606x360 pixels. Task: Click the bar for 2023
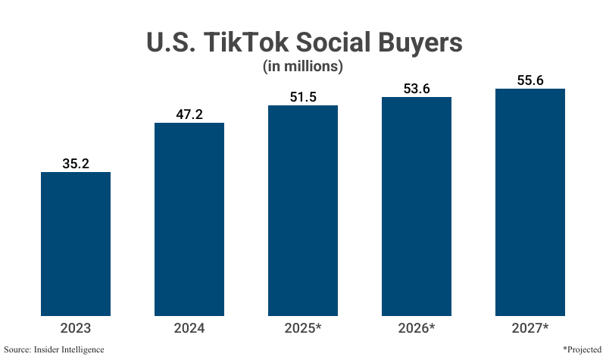click(x=76, y=244)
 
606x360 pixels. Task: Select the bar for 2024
click(x=189, y=219)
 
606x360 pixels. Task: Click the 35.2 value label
click(x=76, y=162)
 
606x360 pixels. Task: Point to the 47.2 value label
click(x=189, y=113)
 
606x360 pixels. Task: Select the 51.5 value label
click(x=303, y=95)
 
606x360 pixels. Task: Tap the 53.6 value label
click(x=417, y=87)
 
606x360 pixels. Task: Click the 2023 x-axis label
click(x=76, y=328)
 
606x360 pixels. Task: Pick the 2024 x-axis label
click(x=189, y=328)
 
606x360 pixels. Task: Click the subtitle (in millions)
click(x=303, y=67)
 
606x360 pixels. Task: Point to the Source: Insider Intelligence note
click(x=55, y=349)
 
